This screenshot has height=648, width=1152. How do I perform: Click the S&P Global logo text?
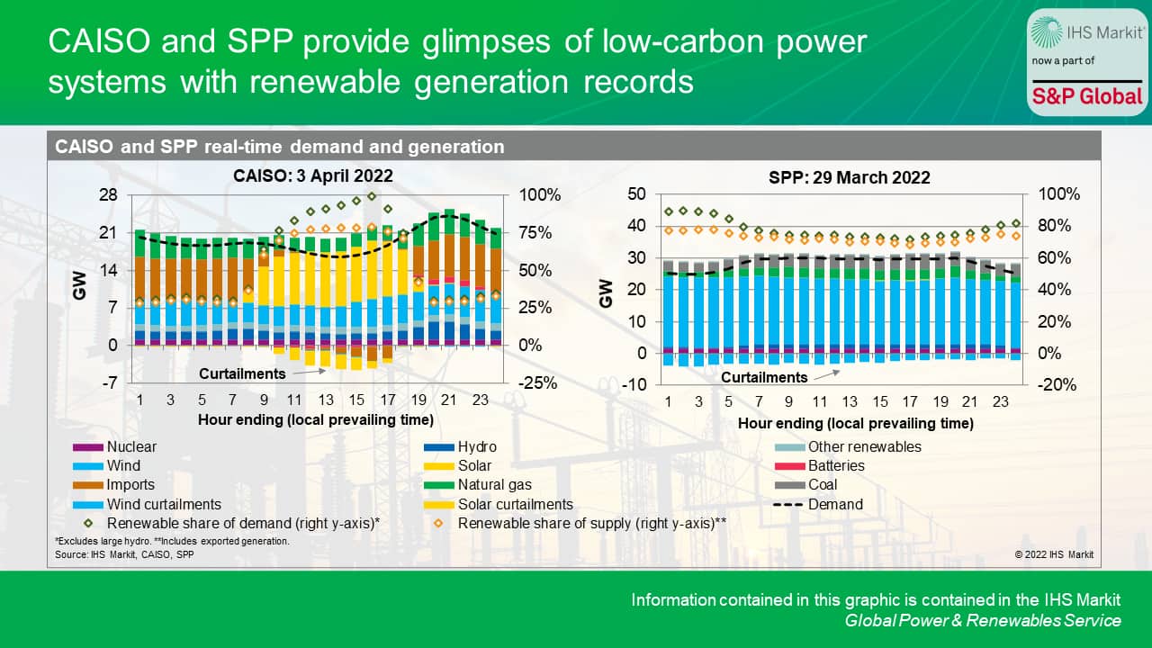tap(1086, 96)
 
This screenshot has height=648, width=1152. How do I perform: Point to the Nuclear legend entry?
tap(130, 446)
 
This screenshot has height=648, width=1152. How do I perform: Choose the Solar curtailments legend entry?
tap(515, 504)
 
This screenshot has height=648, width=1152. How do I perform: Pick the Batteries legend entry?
tap(835, 466)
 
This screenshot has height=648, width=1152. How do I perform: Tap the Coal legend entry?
tap(823, 485)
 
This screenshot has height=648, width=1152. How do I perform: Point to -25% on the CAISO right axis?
tap(536, 382)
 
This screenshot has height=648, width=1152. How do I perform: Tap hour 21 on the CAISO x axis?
tap(448, 400)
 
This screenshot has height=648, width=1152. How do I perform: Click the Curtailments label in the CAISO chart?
tap(242, 373)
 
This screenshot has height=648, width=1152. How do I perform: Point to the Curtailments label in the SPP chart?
tap(764, 377)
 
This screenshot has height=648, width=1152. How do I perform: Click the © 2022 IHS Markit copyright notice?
tap(1054, 554)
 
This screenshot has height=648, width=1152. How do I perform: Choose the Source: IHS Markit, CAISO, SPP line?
tap(124, 554)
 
